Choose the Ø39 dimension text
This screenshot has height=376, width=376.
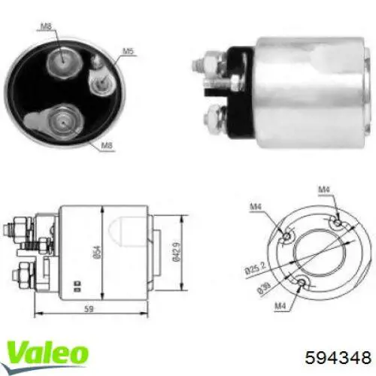click(x=259, y=283)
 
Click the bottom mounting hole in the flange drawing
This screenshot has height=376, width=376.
click(x=302, y=283)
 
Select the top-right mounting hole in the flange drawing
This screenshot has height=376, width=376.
click(x=339, y=223)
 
